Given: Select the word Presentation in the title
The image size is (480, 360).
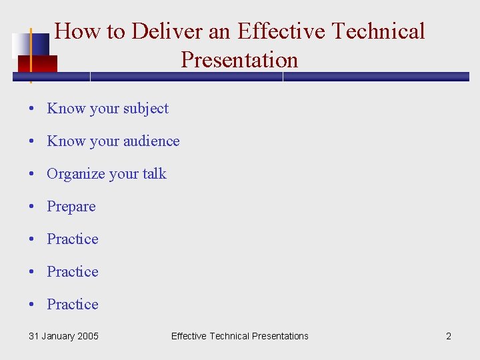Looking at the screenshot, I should pos(239,60).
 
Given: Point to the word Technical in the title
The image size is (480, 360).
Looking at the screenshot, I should pos(378,31).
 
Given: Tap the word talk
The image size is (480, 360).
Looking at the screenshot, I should pos(154,174).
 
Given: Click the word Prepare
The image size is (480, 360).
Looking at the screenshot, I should pos(71,207).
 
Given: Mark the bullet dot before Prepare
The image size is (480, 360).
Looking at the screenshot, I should pos(32,207).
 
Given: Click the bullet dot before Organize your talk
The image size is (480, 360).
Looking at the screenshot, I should pos(32,175).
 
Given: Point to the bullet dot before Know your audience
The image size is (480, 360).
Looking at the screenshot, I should pos(32,142).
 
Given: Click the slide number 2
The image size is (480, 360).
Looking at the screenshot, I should pos(448,336).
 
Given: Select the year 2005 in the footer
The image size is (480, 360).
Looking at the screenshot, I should pos(87,336).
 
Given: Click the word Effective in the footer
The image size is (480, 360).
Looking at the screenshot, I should pos(189,336).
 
